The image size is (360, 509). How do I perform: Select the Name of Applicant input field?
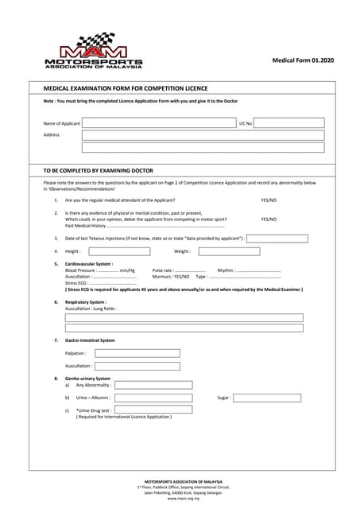click(x=158, y=123)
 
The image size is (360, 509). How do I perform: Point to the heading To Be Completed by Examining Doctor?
click(x=98, y=170)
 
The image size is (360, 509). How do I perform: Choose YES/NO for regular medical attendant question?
click(x=269, y=200)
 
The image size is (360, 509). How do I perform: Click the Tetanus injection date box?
click(x=277, y=238)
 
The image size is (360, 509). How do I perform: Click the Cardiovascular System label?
click(x=88, y=263)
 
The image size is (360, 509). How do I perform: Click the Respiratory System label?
click(x=85, y=302)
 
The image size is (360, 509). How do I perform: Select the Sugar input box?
click(x=266, y=398)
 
